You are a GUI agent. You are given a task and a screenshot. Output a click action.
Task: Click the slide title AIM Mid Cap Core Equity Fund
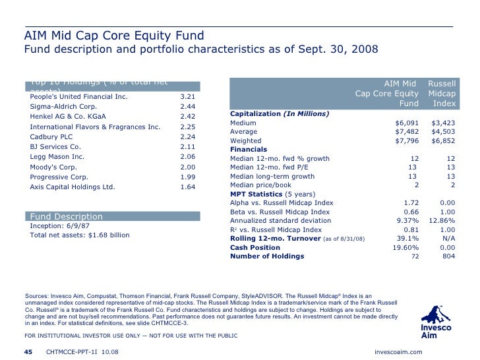114,35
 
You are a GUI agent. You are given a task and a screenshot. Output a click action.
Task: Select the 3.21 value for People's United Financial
187,97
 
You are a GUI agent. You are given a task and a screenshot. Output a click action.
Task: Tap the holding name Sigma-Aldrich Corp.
63,107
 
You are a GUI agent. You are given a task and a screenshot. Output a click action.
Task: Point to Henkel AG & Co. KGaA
69,117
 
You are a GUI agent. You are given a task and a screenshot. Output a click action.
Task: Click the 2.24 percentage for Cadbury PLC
187,136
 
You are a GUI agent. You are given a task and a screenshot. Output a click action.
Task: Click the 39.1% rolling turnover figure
408,238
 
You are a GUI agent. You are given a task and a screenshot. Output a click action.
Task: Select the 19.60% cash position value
406,247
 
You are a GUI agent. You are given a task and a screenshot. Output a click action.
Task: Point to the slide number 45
28,351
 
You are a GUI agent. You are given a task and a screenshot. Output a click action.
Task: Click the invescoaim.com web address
398,351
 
